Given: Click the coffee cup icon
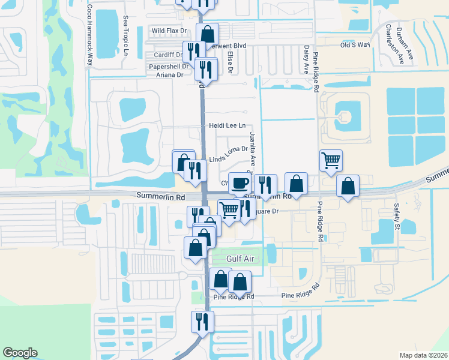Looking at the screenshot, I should [240, 182].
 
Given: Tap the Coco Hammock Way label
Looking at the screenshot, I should [90, 35].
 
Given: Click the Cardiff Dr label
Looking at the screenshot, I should [168, 55].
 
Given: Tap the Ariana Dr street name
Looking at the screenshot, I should [170, 75].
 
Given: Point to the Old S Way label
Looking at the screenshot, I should [355, 45].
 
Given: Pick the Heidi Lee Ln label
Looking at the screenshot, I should [228, 125].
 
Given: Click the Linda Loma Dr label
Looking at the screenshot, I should [229, 154].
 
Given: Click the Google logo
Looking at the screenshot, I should [20, 353].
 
